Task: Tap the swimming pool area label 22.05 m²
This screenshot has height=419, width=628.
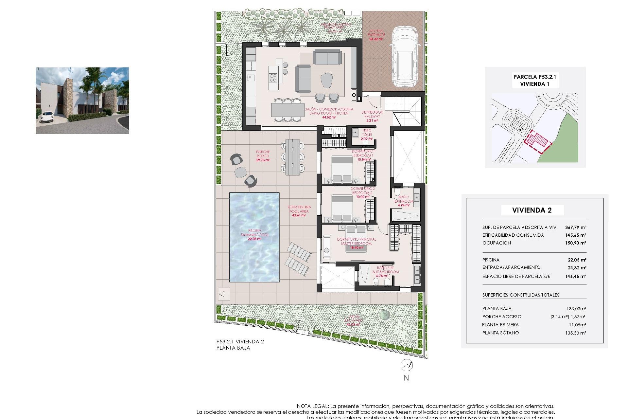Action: point(254,239)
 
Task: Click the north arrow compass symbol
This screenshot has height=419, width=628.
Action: point(407,365)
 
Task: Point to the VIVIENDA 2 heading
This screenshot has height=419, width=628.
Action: point(532,210)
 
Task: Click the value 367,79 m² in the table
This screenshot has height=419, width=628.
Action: point(575,227)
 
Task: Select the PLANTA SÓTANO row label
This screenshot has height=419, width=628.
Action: point(500,333)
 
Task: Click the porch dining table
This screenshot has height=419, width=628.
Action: point(292,157)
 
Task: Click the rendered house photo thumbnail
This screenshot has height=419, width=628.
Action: point(82,100)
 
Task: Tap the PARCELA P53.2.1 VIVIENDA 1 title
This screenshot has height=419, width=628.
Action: point(535,80)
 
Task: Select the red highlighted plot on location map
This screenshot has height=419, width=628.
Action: point(536,141)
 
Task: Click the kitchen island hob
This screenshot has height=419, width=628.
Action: point(273,78)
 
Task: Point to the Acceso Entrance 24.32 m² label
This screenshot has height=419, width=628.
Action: point(376,35)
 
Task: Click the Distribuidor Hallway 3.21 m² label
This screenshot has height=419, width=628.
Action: point(372,116)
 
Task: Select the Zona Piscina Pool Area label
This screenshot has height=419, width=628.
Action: point(299,211)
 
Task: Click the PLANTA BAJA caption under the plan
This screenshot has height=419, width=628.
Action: point(233,348)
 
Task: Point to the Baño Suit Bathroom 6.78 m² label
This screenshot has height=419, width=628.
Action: point(386,272)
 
